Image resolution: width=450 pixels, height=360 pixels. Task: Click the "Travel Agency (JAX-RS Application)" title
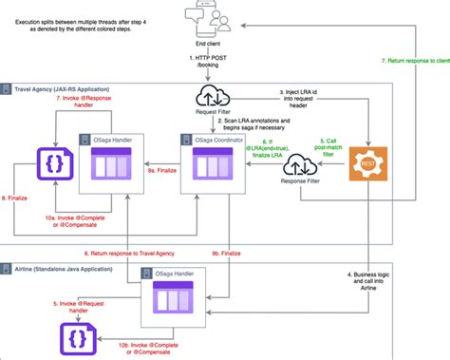coord(63,87)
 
